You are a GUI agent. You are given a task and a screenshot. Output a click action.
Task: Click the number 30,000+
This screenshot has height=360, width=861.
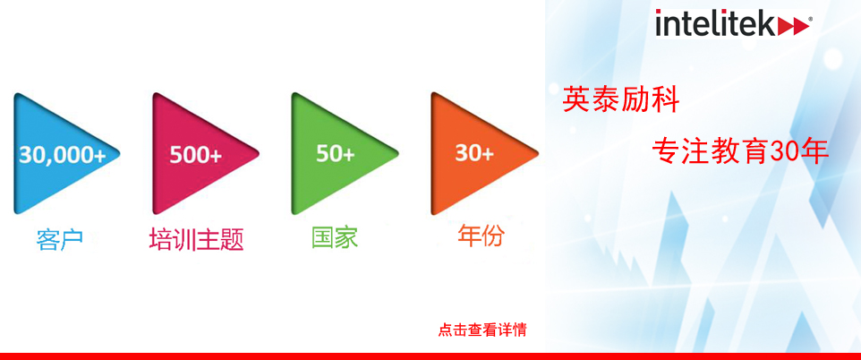pyautogui.click(x=63, y=155)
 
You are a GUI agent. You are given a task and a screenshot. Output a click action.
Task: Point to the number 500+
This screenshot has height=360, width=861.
pyautogui.click(x=195, y=155)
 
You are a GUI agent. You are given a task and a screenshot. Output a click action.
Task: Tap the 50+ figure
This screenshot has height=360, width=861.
pyautogui.click(x=335, y=154)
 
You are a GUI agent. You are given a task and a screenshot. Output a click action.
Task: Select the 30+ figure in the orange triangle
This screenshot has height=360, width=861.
pyautogui.click(x=473, y=154)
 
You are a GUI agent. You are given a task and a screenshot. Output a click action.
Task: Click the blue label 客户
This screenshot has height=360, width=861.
pyautogui.click(x=59, y=240)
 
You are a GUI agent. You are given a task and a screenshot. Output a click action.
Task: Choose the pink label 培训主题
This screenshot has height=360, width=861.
pyautogui.click(x=196, y=240)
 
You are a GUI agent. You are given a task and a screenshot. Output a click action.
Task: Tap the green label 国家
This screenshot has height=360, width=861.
pyautogui.click(x=335, y=238)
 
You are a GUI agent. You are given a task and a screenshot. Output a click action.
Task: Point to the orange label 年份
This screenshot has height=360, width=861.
pyautogui.click(x=481, y=236)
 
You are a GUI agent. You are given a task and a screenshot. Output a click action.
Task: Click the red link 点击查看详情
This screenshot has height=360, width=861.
pyautogui.click(x=482, y=330)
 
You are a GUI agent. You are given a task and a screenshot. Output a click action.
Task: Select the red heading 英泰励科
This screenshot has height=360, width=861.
pyautogui.click(x=622, y=100)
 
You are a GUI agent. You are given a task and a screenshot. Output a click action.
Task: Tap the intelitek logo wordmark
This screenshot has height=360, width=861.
pyautogui.click(x=734, y=23)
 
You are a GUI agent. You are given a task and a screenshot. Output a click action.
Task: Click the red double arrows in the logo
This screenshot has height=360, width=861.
pyautogui.click(x=794, y=26)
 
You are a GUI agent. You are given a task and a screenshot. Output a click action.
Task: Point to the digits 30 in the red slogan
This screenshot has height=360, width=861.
pyautogui.click(x=785, y=151)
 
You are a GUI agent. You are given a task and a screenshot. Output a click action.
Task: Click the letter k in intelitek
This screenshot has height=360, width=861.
pyautogui.click(x=767, y=23)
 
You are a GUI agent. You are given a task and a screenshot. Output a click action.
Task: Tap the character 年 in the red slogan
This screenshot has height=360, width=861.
pyautogui.click(x=814, y=151)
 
